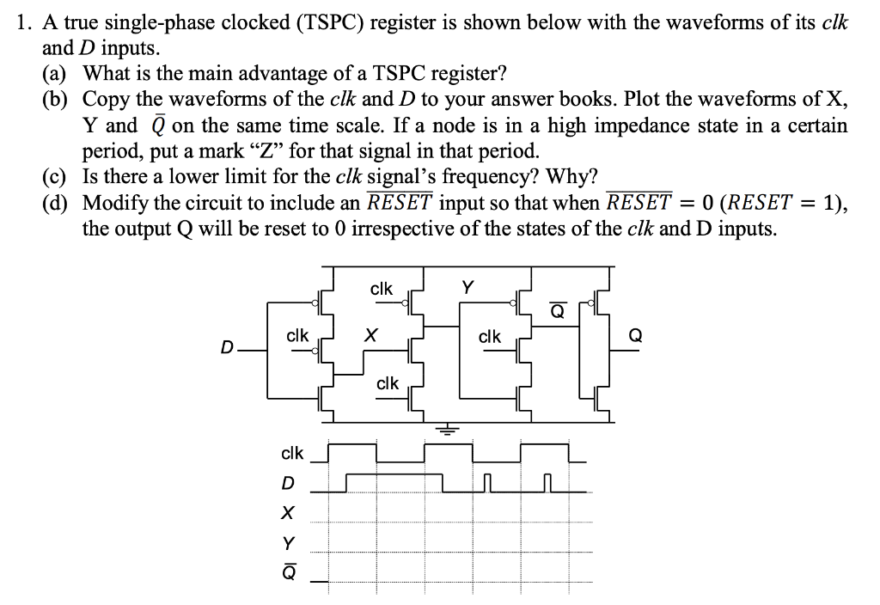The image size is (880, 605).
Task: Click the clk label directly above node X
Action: coord(382,289)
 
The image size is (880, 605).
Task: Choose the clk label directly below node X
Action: coord(388,383)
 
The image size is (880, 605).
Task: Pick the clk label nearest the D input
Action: coord(297,336)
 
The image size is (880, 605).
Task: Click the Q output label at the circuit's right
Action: coord(635,337)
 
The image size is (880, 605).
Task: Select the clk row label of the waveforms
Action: coord(292,452)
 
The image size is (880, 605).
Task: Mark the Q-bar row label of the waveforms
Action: coord(289,570)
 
